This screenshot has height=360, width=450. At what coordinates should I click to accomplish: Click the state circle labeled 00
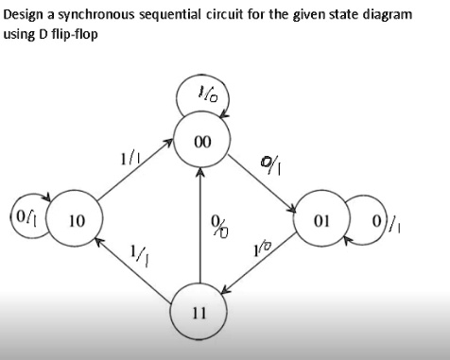coord(200,143)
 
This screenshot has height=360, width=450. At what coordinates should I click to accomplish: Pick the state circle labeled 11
coord(200,309)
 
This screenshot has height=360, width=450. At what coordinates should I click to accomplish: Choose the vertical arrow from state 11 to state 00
coord(200,227)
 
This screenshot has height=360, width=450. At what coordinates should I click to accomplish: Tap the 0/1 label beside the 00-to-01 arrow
coord(269,168)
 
